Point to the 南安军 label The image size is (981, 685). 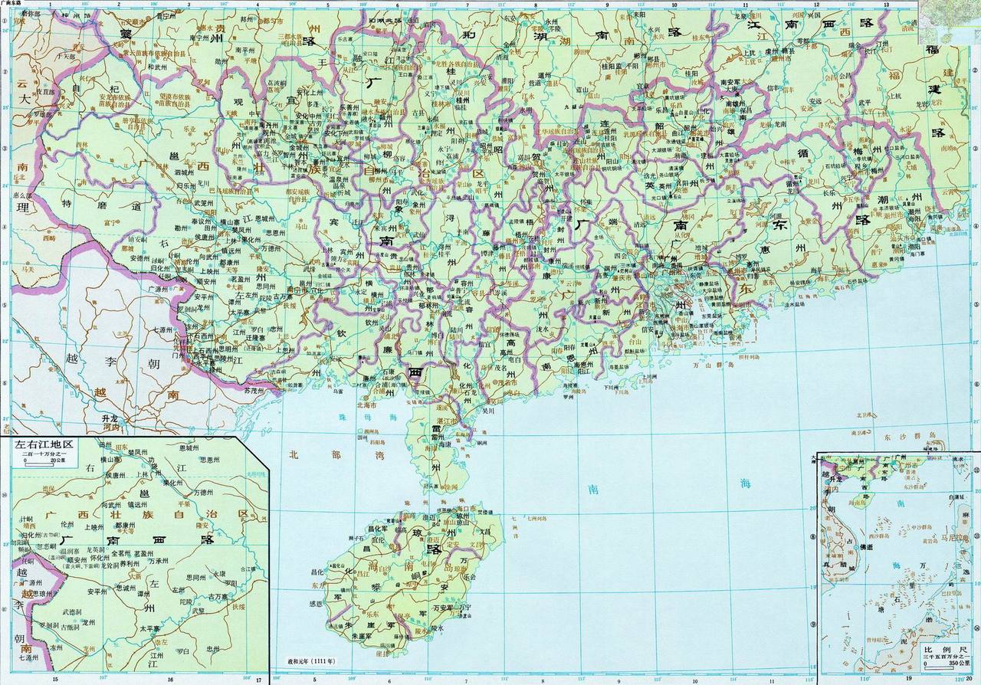point(733,80)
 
